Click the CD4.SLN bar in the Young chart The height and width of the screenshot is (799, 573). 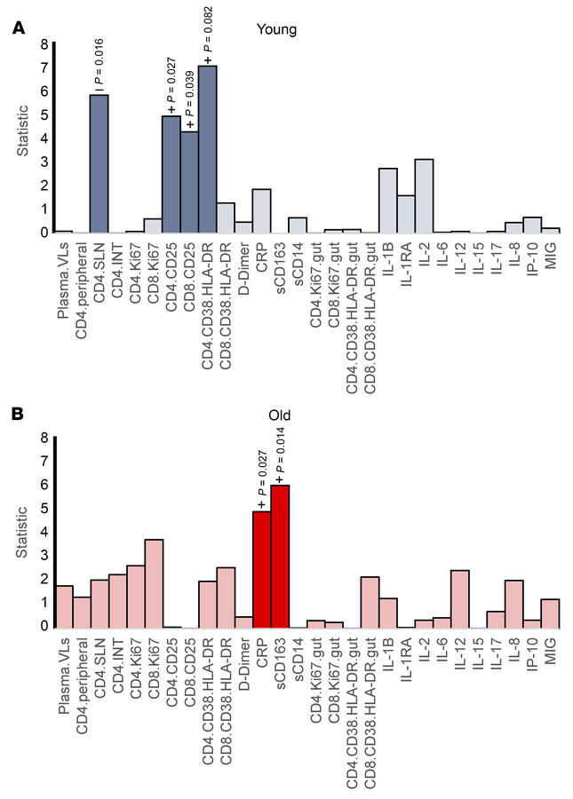pos(99,163)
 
